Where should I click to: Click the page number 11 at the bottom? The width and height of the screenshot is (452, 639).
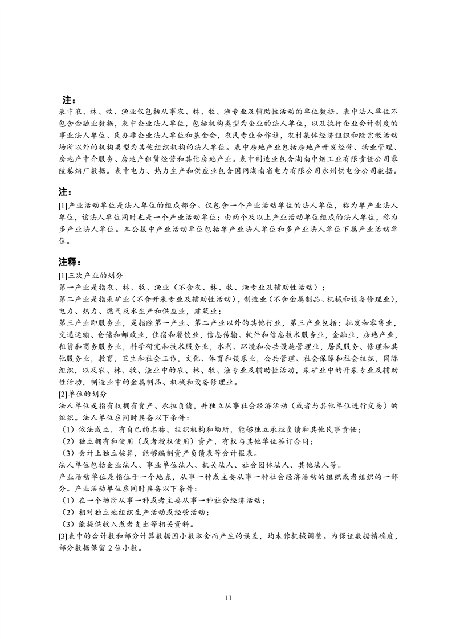coord(228,597)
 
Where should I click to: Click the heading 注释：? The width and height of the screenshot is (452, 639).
coord(70,263)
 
